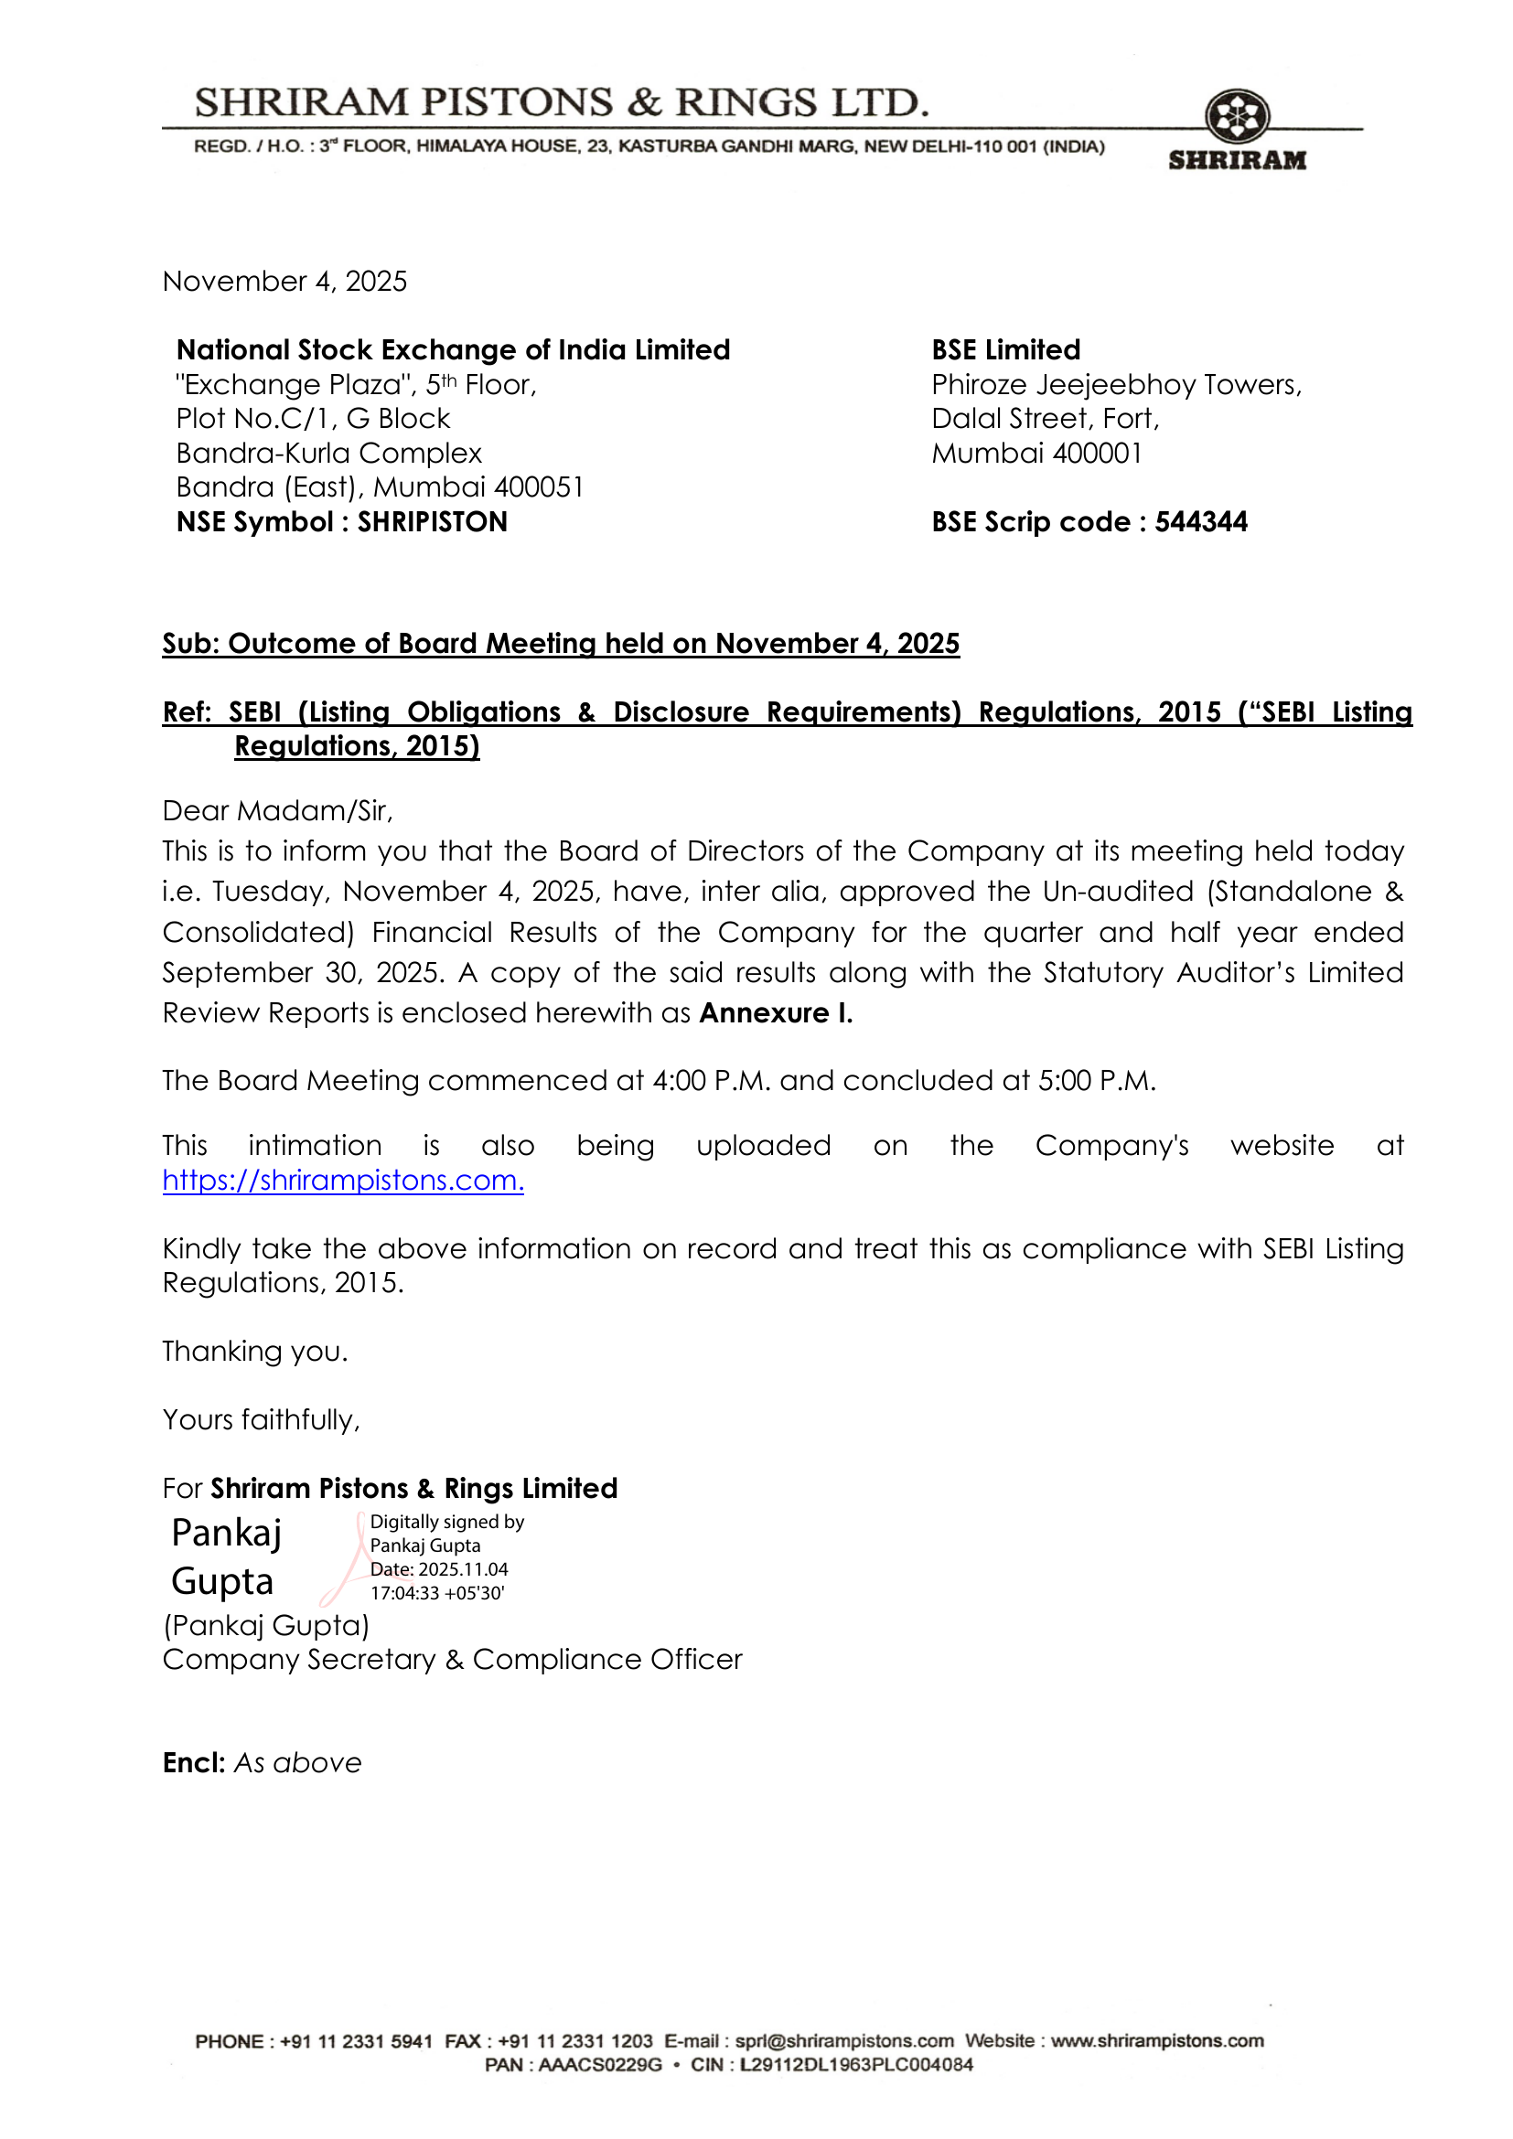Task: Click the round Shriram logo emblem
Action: (1237, 117)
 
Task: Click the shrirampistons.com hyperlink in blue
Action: (343, 1181)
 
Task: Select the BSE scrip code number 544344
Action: (1201, 521)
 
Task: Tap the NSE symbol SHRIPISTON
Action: (433, 521)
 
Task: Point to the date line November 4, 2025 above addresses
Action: (284, 282)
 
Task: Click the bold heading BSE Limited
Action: (1005, 350)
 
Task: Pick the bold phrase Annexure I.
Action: (776, 1012)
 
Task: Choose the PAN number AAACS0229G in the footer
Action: (600, 2065)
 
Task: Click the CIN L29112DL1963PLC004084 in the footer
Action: (856, 2065)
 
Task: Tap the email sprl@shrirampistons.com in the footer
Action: (844, 2040)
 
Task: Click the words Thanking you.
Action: (254, 1351)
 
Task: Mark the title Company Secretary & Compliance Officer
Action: (452, 1659)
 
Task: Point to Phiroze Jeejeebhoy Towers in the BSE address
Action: (1115, 385)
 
